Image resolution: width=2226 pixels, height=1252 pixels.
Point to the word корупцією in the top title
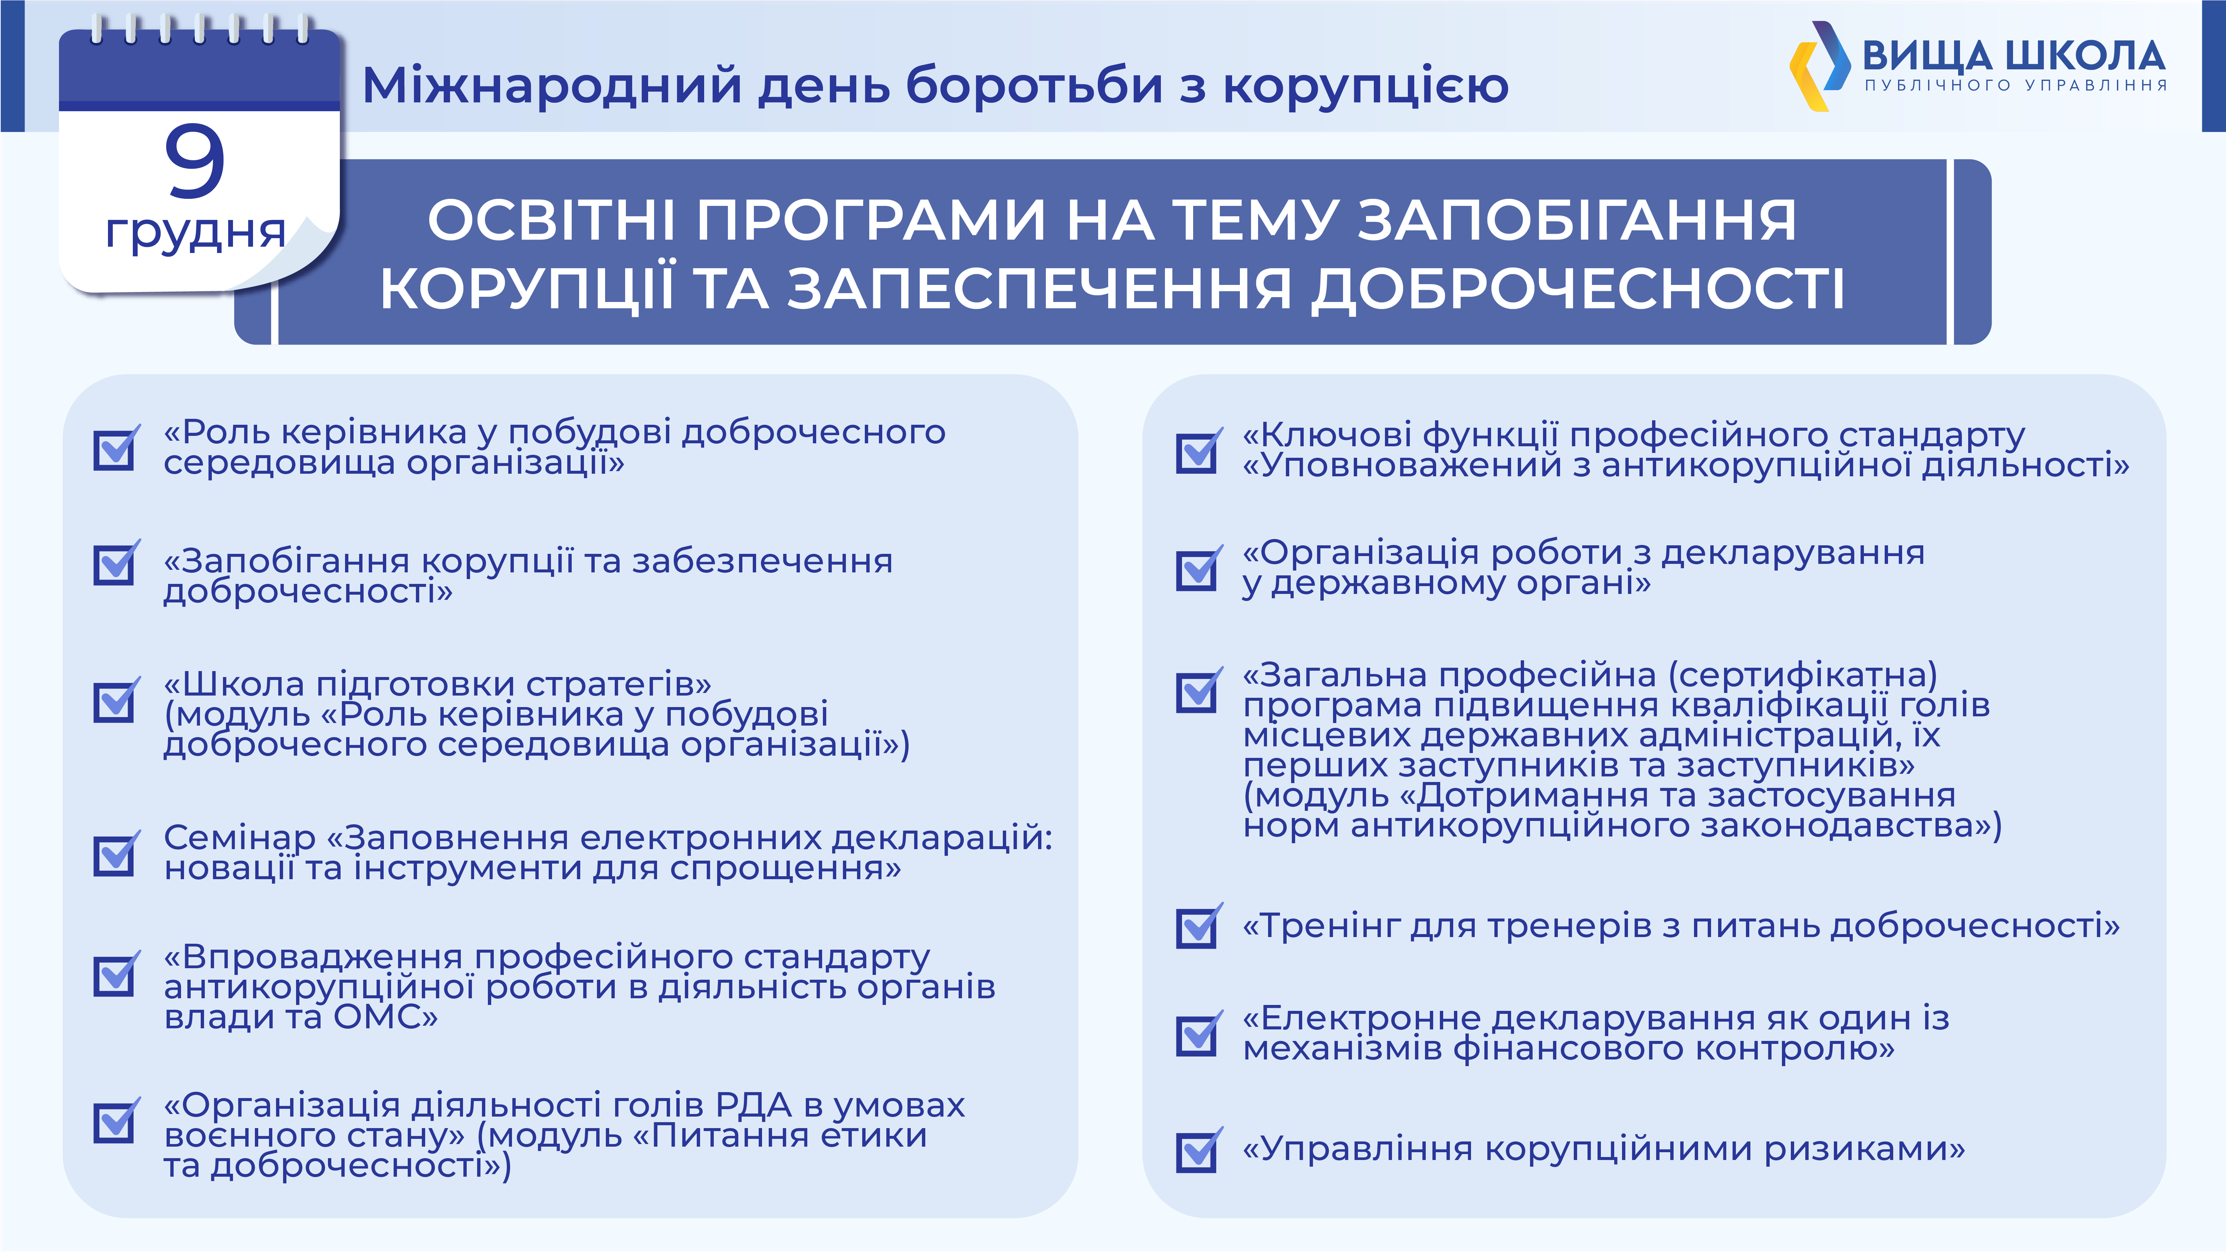(1365, 86)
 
